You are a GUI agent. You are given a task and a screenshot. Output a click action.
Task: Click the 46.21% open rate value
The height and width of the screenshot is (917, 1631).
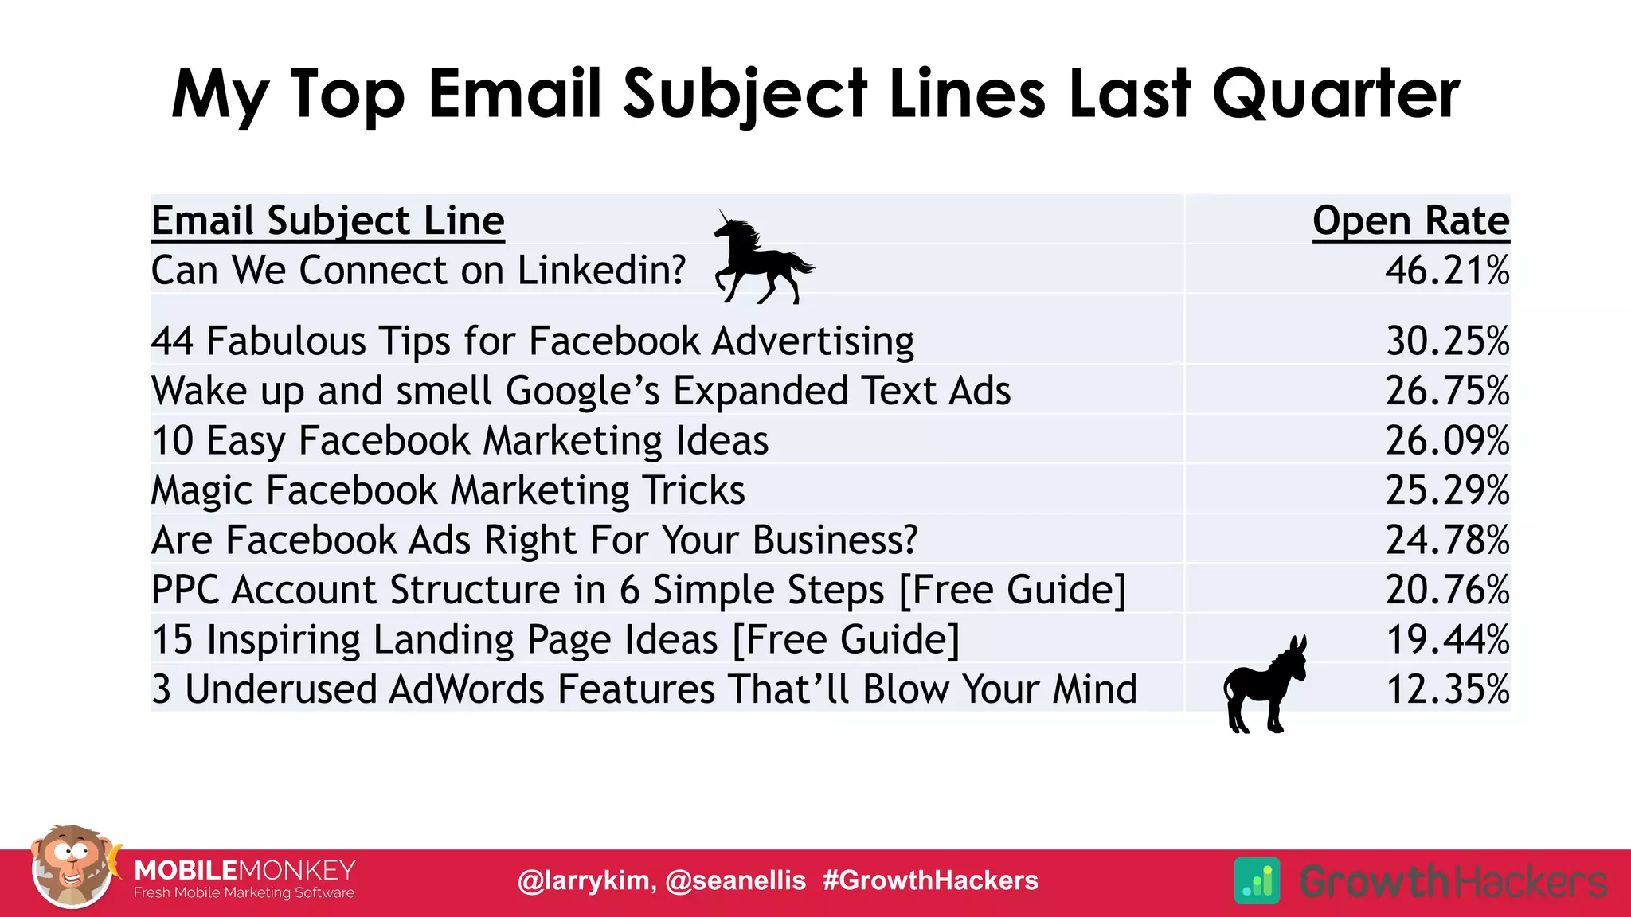coord(1446,271)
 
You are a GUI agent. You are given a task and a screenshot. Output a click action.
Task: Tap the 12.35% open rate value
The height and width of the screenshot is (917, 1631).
coord(1447,689)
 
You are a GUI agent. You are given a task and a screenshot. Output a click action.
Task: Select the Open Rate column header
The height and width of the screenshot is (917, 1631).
coord(1410,220)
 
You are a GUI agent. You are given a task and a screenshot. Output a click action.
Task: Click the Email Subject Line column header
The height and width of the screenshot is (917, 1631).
coord(327,220)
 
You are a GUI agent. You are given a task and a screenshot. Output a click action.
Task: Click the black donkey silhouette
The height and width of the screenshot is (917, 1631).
coord(1263,685)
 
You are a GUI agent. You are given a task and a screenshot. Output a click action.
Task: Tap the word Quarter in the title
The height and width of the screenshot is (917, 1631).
coord(1336,94)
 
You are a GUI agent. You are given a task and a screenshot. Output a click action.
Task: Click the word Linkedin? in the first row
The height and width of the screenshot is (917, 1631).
coord(601,271)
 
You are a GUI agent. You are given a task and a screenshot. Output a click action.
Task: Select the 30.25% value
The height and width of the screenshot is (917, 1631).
coord(1447,341)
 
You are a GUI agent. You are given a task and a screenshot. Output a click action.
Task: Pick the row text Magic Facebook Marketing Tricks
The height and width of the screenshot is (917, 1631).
coord(448,490)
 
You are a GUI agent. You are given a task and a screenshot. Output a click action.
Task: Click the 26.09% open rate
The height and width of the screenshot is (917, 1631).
coord(1447,441)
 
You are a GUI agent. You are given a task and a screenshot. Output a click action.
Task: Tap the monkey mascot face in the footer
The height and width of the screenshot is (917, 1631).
coord(72,866)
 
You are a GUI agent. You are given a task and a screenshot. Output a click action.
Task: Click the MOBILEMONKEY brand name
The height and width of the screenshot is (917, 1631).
coord(244,870)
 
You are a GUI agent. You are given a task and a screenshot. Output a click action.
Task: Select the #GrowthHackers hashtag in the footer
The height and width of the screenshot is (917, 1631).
coord(930,880)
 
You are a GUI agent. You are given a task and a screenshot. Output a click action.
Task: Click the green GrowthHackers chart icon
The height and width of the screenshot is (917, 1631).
coord(1257,880)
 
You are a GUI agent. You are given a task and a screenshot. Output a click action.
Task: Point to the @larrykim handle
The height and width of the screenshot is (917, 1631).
coord(585,880)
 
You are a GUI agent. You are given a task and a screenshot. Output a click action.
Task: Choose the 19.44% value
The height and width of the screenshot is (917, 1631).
coord(1447,640)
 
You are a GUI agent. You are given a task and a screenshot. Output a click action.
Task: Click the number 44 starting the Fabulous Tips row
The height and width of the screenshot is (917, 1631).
coord(172,341)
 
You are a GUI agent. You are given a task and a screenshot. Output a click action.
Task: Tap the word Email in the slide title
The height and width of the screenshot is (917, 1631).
coord(514,94)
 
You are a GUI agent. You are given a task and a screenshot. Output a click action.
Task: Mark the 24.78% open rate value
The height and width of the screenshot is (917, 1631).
coord(1447,540)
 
